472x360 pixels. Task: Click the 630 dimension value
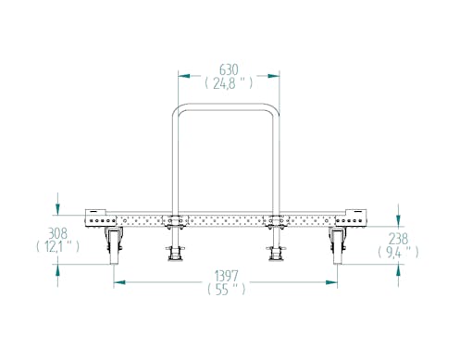tap(229, 70)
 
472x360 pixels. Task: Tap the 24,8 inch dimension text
tap(229, 83)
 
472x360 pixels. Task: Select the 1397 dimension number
tap(227, 275)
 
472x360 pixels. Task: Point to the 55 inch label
tap(227, 290)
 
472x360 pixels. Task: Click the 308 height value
tap(57, 233)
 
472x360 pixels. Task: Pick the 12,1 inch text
tap(57, 246)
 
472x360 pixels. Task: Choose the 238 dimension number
tap(398, 239)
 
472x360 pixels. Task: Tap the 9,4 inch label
tap(398, 253)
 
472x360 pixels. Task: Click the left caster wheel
tap(114, 245)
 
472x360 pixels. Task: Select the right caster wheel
tap(337, 245)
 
